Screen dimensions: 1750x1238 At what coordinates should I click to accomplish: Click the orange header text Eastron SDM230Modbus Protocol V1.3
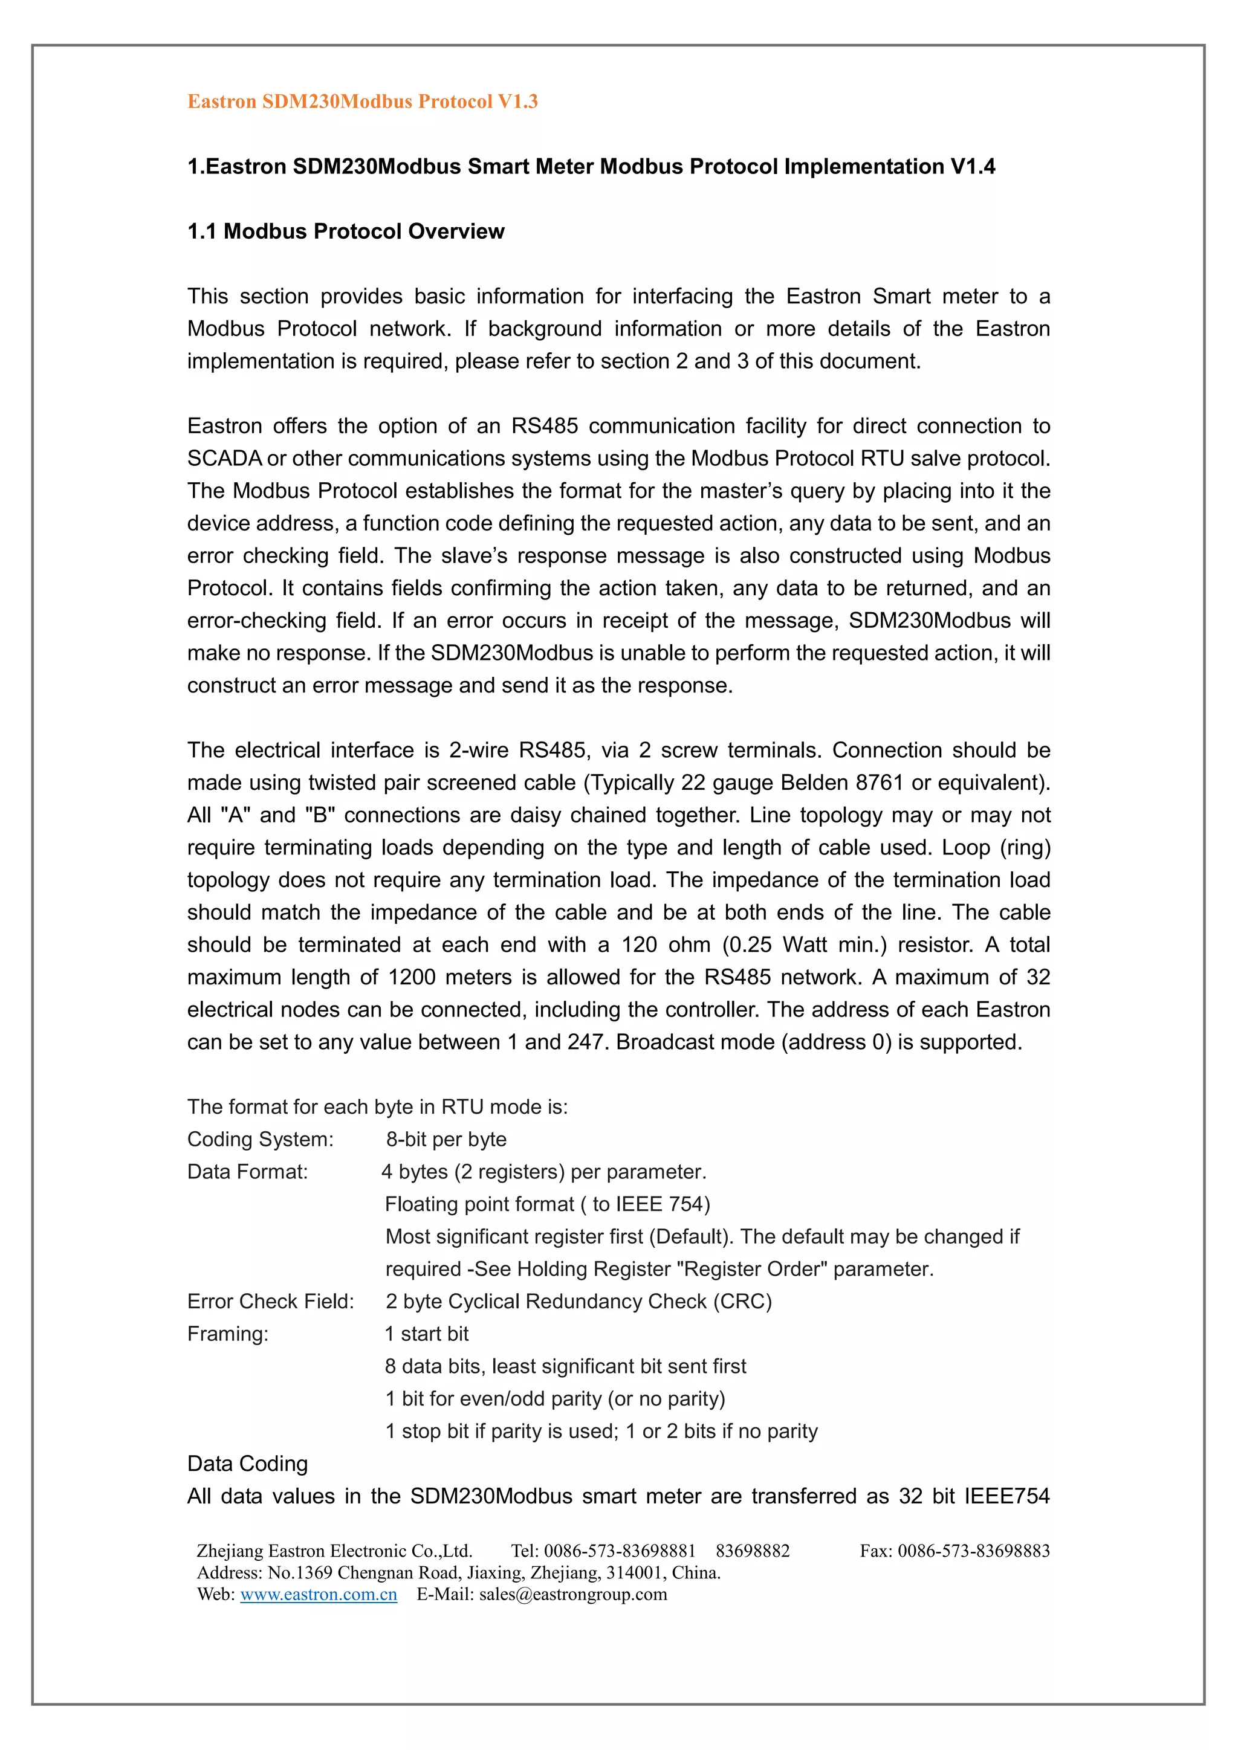tap(362, 102)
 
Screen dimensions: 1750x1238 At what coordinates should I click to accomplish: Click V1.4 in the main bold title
tap(972, 166)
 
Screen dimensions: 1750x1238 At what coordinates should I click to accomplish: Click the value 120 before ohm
tap(639, 944)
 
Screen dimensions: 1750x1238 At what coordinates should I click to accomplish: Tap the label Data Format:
tap(247, 1172)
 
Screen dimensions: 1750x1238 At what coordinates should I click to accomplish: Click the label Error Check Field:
tap(271, 1301)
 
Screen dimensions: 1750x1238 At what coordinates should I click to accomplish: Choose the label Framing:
tap(227, 1333)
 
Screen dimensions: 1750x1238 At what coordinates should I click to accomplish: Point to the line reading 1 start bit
tap(426, 1333)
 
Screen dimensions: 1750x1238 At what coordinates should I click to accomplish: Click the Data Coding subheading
tap(247, 1464)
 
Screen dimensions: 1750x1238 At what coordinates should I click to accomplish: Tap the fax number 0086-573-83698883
tap(973, 1551)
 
